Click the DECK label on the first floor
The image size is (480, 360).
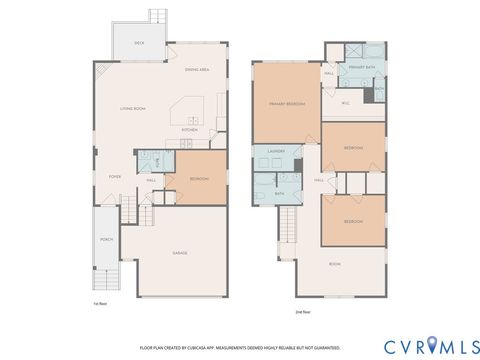click(x=140, y=43)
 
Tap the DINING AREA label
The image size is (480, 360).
click(x=197, y=69)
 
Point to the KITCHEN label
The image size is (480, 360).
click(x=188, y=130)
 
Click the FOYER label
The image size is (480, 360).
click(x=115, y=175)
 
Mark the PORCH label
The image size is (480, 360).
click(x=107, y=240)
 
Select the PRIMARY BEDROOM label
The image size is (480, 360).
click(x=286, y=103)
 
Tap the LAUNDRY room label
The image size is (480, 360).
click(x=277, y=152)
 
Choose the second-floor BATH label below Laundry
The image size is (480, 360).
click(x=281, y=194)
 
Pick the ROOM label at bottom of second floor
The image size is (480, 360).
click(x=335, y=264)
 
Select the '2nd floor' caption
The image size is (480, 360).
click(x=302, y=313)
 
